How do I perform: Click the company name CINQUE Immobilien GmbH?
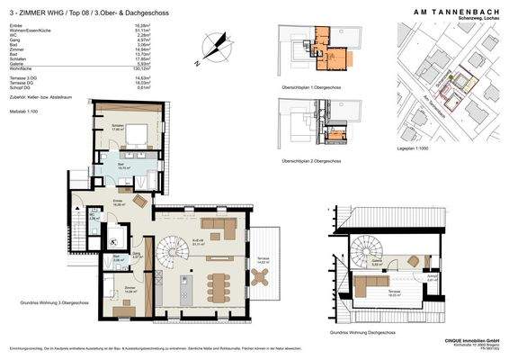coord(469,339)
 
